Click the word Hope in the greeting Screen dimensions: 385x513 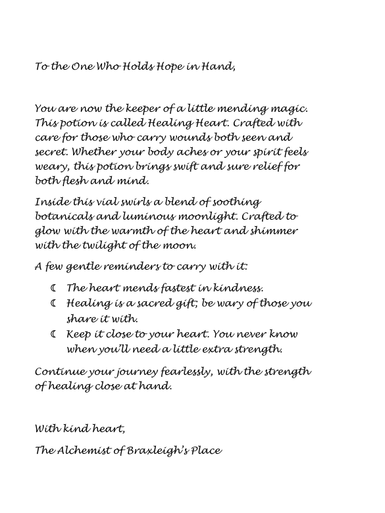pos(140,66)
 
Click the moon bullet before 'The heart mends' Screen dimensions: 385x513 pos(53,287)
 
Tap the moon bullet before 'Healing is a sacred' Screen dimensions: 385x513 pos(53,303)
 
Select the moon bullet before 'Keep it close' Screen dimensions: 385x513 pos(53,333)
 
